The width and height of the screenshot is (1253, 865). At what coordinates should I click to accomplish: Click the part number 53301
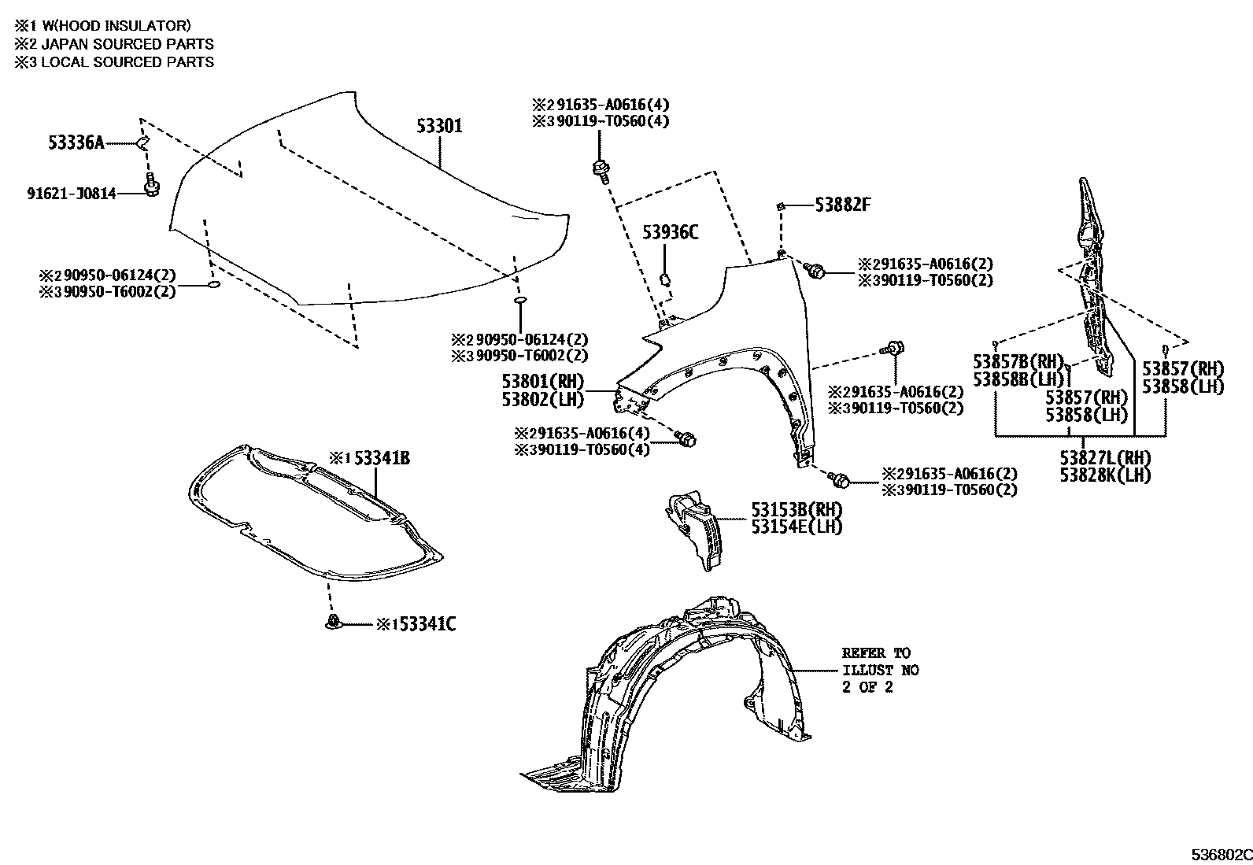[439, 126]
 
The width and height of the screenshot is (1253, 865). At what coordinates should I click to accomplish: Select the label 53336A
[76, 142]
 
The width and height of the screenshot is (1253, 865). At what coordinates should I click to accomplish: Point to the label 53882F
[843, 205]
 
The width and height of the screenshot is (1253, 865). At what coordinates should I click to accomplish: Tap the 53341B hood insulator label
[381, 458]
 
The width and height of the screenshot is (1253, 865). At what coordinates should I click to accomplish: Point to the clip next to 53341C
[334, 623]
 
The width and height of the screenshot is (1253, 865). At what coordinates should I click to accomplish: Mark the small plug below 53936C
[664, 278]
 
